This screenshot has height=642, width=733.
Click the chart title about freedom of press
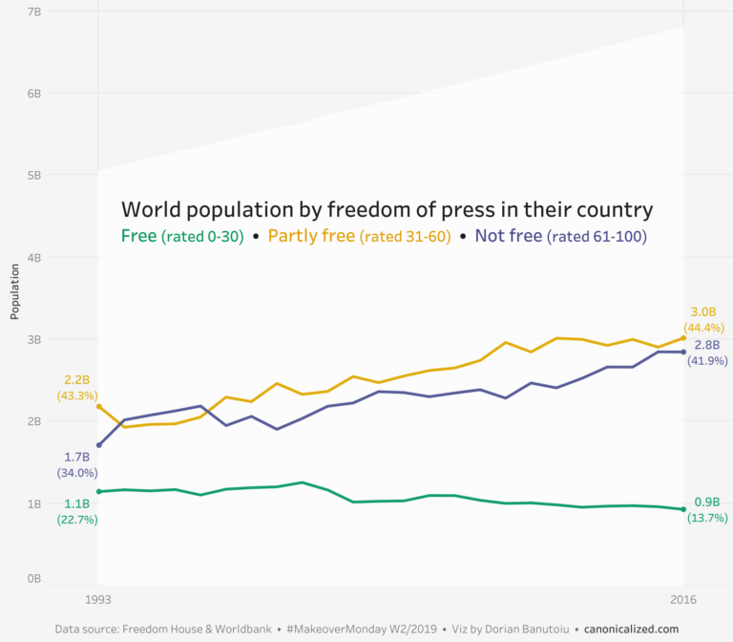point(387,210)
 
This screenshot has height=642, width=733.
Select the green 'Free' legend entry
point(182,237)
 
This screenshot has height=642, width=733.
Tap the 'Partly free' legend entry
point(359,237)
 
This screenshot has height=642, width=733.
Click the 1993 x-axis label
point(98,600)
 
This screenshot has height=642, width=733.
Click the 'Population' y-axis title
point(15,292)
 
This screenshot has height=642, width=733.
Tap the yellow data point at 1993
point(98,407)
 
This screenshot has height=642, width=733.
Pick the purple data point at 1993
point(98,445)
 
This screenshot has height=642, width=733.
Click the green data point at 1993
point(98,492)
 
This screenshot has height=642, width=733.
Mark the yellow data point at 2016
point(683,337)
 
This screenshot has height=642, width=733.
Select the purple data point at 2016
point(683,352)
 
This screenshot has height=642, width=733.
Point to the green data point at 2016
point(683,509)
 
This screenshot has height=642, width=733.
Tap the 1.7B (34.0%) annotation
point(75,465)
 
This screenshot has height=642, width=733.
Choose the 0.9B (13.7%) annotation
point(707,510)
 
